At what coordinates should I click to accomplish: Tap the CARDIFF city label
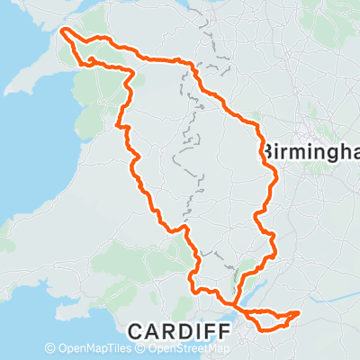(x=177, y=331)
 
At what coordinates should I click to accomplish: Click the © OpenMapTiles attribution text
(x=90, y=348)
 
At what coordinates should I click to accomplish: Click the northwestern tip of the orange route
(x=62, y=32)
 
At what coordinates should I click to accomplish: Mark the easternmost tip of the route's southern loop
(x=297, y=313)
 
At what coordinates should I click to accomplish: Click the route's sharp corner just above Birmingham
(x=260, y=126)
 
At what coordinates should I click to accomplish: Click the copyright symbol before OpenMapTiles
(x=49, y=348)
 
